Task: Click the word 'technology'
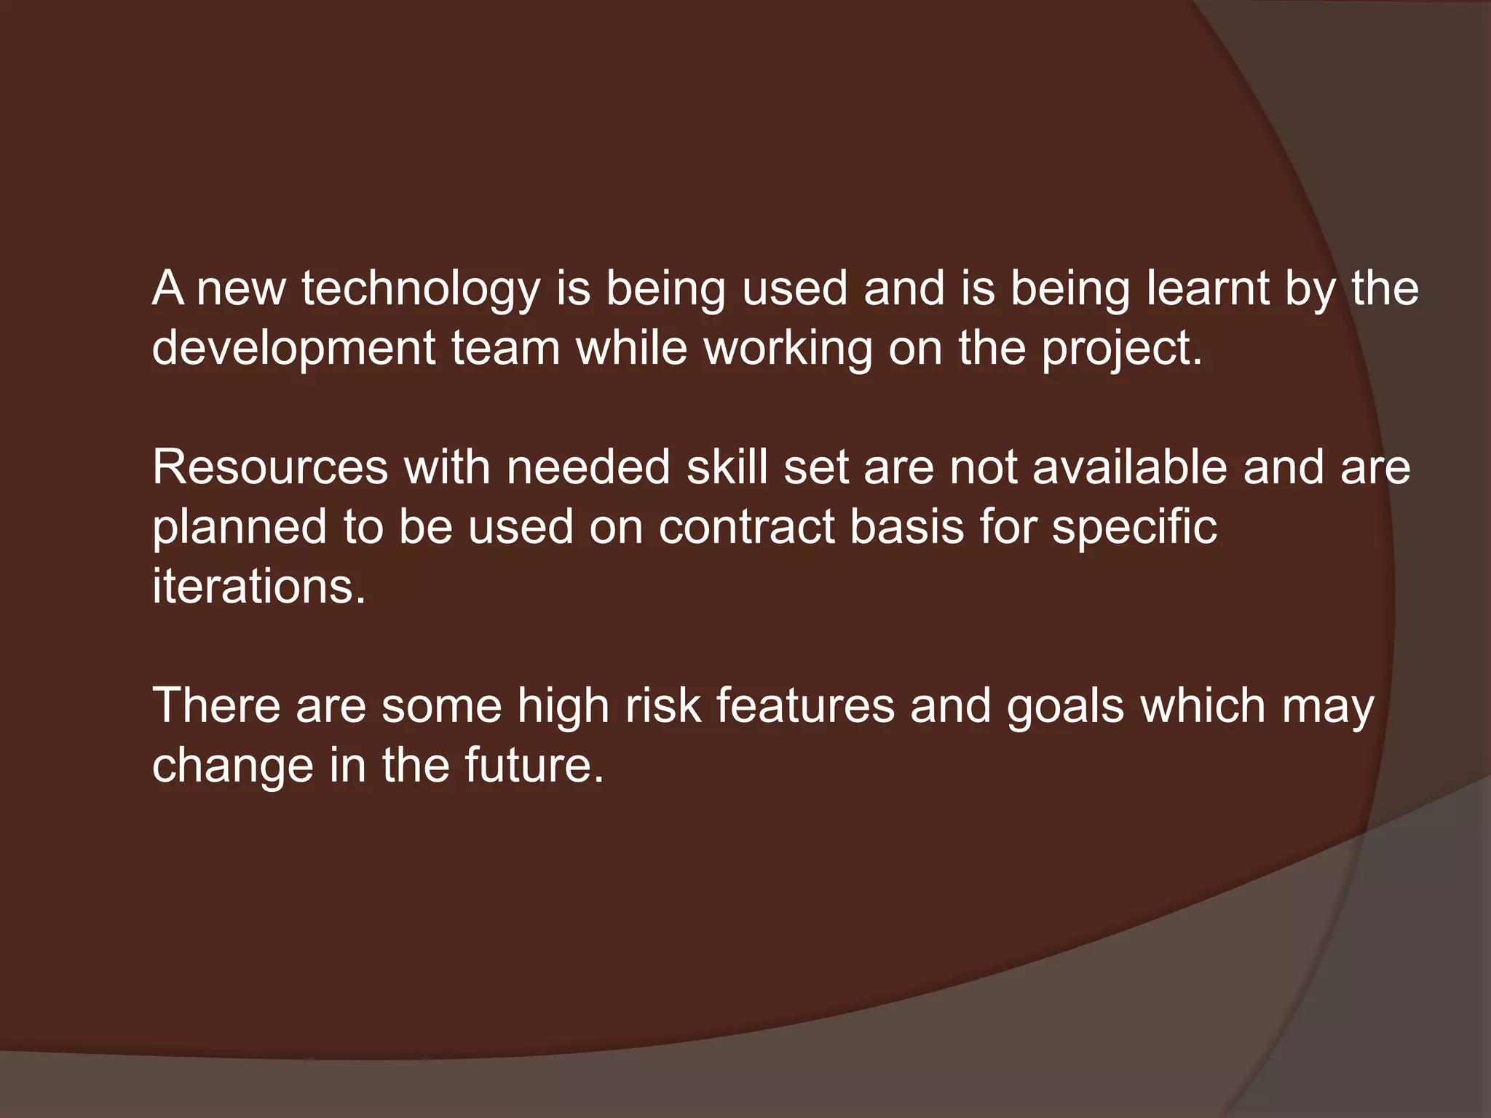[x=421, y=289]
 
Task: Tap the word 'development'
[x=293, y=349]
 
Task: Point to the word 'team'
[x=506, y=347]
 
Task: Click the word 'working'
[x=788, y=349]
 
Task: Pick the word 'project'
[x=1118, y=349]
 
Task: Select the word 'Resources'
[x=270, y=467]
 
